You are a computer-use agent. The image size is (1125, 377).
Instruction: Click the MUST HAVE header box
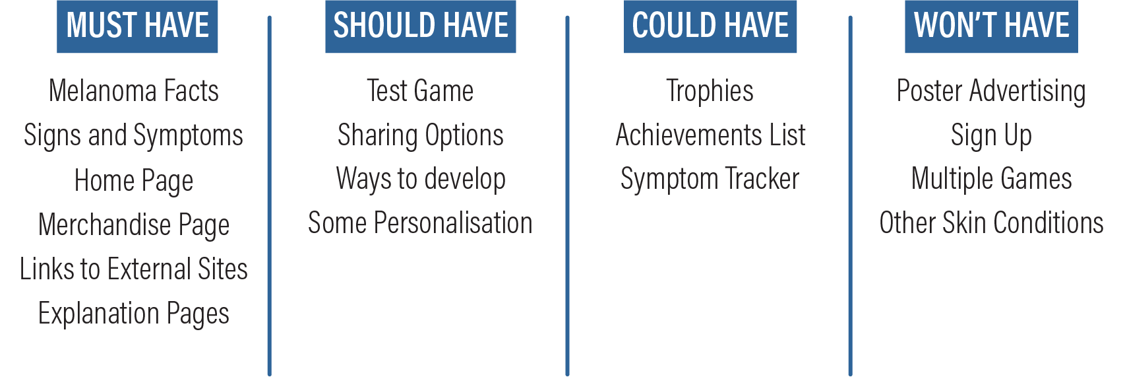[137, 26]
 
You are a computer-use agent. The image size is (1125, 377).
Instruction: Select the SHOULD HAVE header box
[420, 26]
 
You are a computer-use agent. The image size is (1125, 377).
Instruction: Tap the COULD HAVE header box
[710, 26]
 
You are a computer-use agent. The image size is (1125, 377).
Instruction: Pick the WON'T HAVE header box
[991, 26]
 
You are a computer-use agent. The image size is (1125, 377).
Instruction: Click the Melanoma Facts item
[134, 91]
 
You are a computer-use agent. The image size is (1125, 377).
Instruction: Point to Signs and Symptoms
[134, 136]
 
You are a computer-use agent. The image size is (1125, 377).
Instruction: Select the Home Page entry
[134, 180]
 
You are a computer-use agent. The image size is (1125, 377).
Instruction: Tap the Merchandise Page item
[134, 224]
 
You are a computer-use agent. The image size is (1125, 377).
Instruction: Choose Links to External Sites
[134, 269]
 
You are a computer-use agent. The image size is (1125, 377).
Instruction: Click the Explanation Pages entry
[134, 314]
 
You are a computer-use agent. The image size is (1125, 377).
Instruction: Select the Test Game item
[420, 91]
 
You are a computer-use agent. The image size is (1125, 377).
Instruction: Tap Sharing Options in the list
[420, 136]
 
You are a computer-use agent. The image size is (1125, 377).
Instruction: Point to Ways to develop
[420, 180]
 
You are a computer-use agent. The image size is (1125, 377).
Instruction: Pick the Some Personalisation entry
[420, 223]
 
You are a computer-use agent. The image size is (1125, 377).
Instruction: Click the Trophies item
[710, 92]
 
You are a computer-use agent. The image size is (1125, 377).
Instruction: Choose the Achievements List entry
[710, 135]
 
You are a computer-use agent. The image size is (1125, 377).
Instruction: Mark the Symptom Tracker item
[710, 180]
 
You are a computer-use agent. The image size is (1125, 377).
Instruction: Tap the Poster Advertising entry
[991, 92]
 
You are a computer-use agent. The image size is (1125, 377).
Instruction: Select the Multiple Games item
[991, 180]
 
